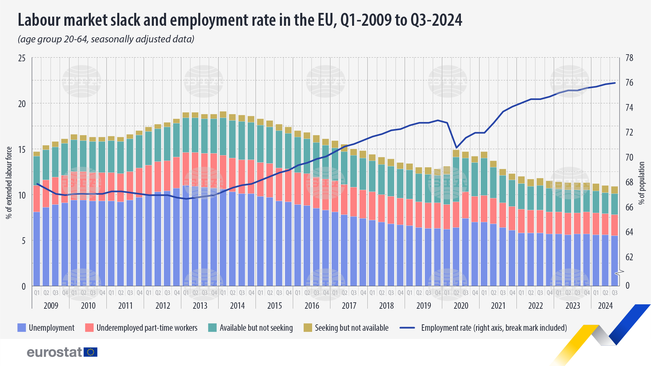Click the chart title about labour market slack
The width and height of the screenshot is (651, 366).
[x=240, y=20]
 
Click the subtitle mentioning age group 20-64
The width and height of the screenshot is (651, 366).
[x=106, y=39]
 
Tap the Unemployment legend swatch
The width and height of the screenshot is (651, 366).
[x=22, y=328]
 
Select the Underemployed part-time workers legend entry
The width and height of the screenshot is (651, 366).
[x=147, y=328]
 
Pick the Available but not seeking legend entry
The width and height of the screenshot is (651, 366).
[x=256, y=328]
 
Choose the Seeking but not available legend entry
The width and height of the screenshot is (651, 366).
[x=351, y=328]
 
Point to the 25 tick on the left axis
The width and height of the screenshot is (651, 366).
[x=22, y=58]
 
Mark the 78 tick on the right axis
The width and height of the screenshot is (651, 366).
[x=629, y=58]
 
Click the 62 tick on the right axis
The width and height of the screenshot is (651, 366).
[x=629, y=257]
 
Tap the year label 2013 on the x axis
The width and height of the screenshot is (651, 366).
[x=200, y=306]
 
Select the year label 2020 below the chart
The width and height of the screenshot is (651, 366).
[x=461, y=306]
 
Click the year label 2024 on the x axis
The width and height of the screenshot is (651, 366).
[x=605, y=306]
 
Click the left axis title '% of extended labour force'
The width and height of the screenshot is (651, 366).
[x=9, y=183]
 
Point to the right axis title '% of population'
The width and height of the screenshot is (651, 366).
[x=641, y=183]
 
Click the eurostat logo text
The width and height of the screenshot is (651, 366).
[x=54, y=352]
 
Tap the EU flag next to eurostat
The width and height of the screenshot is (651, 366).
[x=90, y=352]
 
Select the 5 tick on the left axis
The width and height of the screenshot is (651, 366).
[x=23, y=241]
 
